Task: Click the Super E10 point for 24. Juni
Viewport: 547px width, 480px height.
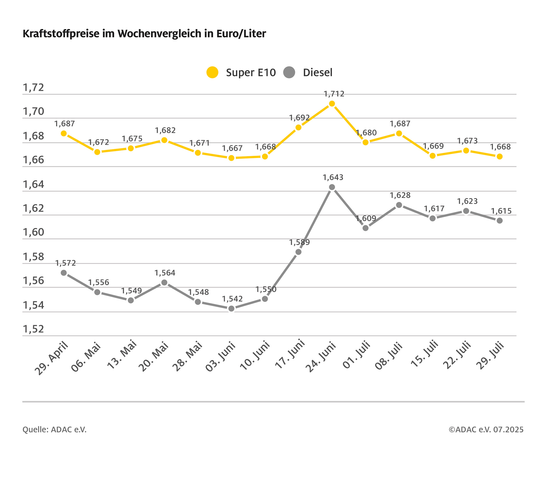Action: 332,104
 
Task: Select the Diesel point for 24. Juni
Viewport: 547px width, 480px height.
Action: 332,187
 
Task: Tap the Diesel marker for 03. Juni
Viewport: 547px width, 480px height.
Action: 232,309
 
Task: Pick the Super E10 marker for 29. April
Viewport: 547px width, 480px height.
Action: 64,133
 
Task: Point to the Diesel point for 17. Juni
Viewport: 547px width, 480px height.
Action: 298,252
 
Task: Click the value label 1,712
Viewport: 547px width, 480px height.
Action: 334,94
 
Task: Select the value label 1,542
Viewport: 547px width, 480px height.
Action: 232,299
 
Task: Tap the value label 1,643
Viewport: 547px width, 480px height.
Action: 333,178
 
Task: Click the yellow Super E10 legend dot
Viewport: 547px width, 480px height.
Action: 212,72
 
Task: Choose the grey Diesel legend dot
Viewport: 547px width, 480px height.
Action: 289,72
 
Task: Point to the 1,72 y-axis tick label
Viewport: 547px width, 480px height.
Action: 33,88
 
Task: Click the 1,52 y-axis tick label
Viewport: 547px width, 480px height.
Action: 33,329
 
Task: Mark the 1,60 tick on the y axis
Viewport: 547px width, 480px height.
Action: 33,232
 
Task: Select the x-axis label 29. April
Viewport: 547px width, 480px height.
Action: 52,359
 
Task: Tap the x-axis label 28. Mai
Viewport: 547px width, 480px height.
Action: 187,356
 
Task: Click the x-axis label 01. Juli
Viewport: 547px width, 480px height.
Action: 356,355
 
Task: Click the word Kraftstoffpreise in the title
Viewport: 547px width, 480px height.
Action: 61,34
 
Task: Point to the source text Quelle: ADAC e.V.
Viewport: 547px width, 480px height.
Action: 55,430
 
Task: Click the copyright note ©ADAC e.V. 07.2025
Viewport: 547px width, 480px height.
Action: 486,430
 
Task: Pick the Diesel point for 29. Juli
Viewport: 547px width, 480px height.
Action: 499,221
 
